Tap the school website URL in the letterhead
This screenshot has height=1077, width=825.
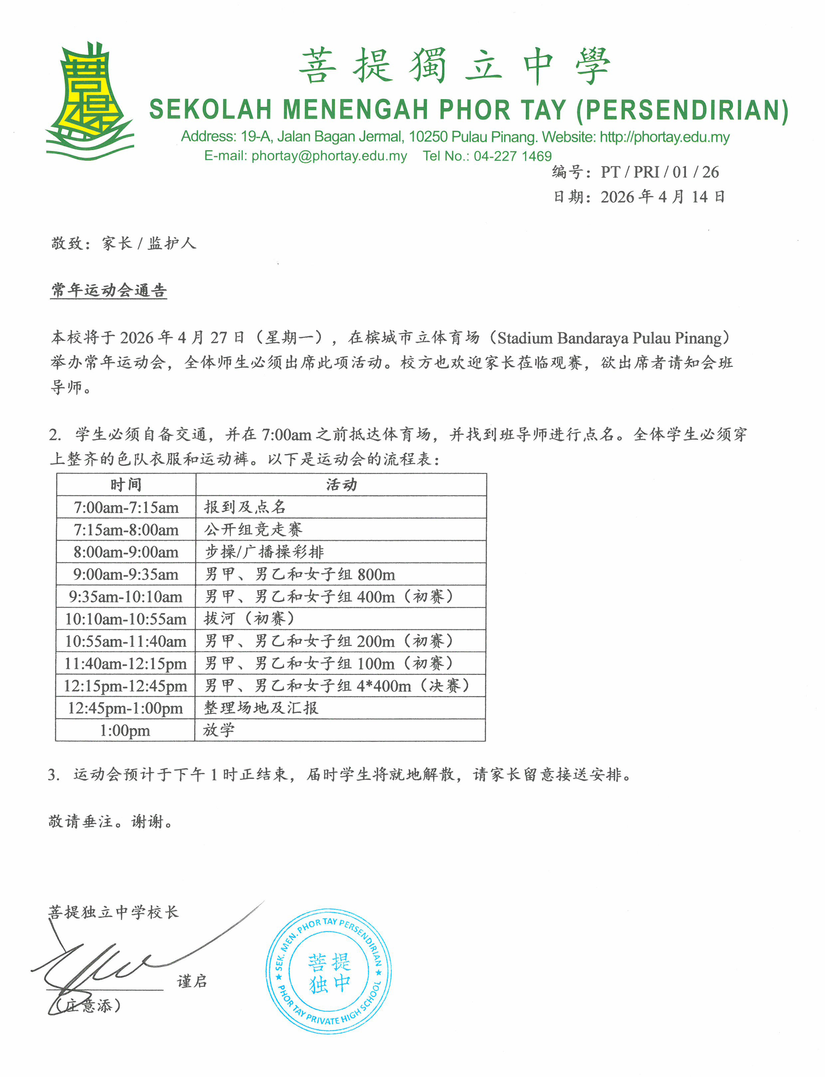(x=664, y=137)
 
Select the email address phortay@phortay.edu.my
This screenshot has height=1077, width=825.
(x=329, y=156)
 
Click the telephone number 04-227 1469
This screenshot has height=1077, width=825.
(x=513, y=156)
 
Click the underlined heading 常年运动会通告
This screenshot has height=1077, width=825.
(x=109, y=290)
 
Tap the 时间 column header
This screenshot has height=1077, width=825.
(x=126, y=485)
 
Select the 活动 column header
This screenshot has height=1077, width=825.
(x=341, y=485)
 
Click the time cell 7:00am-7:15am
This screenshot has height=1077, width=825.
(x=126, y=507)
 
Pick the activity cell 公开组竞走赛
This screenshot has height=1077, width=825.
(x=253, y=529)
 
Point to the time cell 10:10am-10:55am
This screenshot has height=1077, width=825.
(x=126, y=619)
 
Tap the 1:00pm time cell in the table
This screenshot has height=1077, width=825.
(x=125, y=730)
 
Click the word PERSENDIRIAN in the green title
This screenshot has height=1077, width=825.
(x=683, y=110)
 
